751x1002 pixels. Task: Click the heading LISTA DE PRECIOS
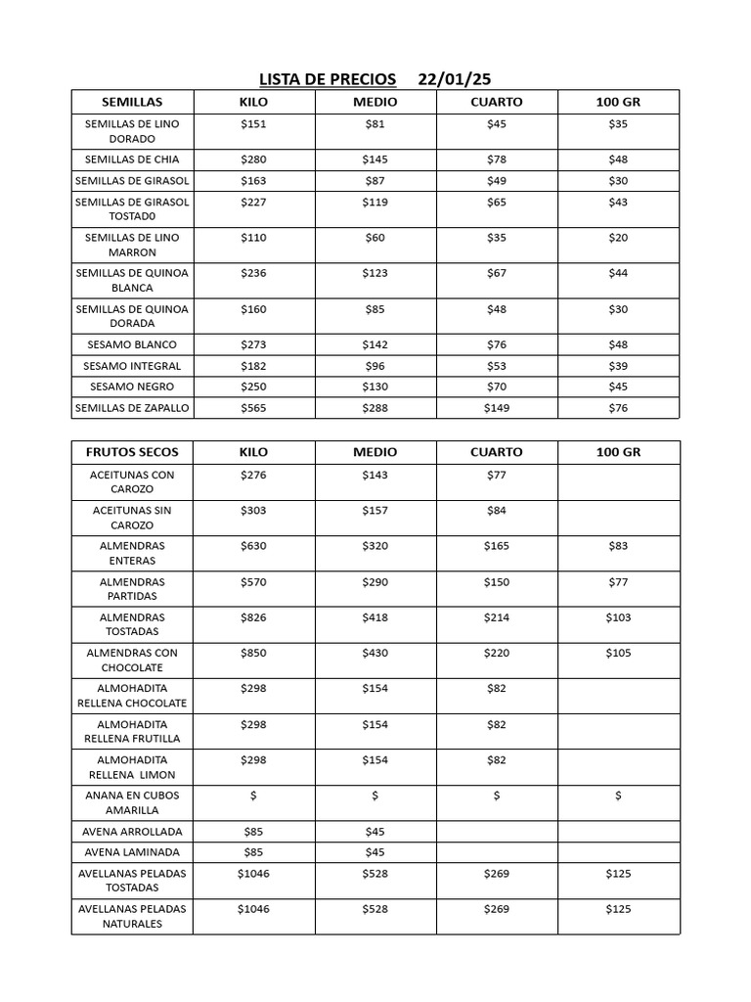point(328,79)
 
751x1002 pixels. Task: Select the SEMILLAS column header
point(132,102)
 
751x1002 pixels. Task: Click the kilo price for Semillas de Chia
point(253,159)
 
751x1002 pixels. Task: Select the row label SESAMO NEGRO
point(132,387)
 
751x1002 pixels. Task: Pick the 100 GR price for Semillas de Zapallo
point(618,408)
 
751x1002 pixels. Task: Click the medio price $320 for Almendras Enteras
point(375,546)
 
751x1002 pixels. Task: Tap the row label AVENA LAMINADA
point(132,852)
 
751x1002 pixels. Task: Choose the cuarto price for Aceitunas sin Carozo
point(497,510)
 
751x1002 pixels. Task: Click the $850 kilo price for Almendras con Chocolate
point(253,653)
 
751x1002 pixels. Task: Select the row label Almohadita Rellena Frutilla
point(132,731)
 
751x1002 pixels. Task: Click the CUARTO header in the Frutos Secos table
point(497,452)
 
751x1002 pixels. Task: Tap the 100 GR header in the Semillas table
point(618,102)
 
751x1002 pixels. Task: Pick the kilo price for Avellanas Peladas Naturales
point(253,909)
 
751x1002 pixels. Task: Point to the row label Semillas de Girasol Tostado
point(132,209)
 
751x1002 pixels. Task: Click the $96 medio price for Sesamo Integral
point(375,366)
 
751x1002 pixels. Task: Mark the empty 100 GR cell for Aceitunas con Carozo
point(618,481)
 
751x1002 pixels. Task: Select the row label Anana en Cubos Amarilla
point(132,802)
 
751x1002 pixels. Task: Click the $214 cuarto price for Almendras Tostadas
point(497,617)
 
